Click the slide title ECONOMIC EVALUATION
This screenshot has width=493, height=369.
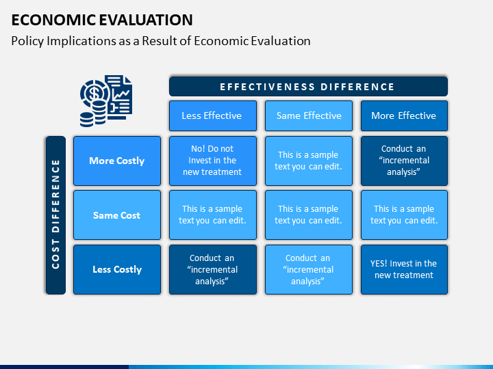[102, 20]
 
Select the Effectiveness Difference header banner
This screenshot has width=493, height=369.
[308, 87]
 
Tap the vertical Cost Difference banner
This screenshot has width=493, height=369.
[55, 215]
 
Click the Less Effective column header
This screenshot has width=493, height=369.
[213, 115]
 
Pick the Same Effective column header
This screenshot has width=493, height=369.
[309, 115]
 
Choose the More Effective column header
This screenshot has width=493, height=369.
[404, 115]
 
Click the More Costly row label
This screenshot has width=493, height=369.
[117, 161]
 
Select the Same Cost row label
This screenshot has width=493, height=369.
[117, 215]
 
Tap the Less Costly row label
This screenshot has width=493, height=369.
[117, 269]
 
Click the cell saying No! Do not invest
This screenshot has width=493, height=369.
[213, 161]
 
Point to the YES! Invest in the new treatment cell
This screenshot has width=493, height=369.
[404, 269]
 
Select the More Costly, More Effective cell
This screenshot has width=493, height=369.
[404, 161]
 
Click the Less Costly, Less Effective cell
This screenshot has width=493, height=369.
[213, 269]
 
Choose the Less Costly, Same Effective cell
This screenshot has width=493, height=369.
[309, 269]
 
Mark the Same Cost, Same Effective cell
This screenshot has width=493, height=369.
[309, 215]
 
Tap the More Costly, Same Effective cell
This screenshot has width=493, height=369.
[309, 161]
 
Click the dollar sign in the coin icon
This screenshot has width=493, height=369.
[94, 94]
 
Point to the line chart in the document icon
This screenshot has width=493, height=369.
[121, 94]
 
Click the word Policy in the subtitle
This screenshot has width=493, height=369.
[27, 42]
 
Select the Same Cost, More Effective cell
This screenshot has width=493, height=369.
[404, 215]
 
